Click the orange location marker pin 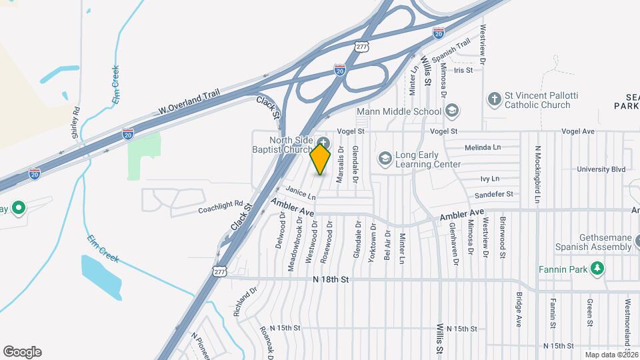[x=321, y=159]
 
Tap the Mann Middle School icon [x=451, y=111]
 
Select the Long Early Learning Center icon [x=385, y=159]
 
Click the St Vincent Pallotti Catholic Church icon [x=494, y=99]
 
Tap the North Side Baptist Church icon [x=323, y=143]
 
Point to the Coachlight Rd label [x=221, y=208]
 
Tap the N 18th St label [x=331, y=280]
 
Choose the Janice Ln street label [x=301, y=195]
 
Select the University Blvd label [x=601, y=169]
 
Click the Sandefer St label [x=493, y=194]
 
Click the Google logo [x=22, y=352]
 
